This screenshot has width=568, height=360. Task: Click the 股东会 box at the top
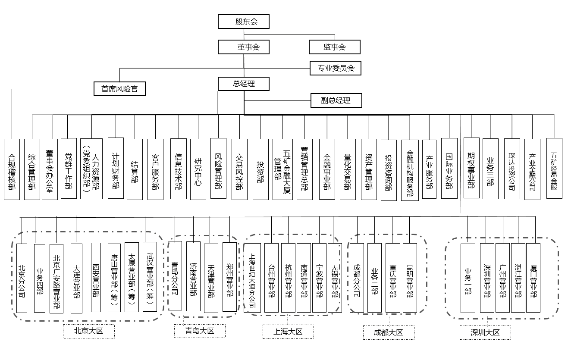pos(244,22)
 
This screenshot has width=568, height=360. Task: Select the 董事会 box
pos(244,47)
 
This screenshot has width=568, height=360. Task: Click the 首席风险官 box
pos(119,89)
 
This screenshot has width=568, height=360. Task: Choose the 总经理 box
pos(244,84)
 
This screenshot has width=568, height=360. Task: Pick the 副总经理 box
pos(336,101)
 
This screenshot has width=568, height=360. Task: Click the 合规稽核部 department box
pos(12,169)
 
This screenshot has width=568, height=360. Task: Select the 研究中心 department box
pos(198,169)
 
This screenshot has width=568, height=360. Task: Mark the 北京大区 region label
pos(89,331)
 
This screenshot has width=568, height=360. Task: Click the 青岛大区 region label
pos(200,331)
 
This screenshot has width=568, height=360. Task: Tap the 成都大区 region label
pos(388,332)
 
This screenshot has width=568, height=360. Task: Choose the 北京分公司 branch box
pos(22,278)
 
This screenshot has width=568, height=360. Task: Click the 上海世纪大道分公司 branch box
pos(252,278)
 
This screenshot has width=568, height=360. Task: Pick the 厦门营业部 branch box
pos(533,278)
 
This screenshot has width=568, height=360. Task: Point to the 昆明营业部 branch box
pos(410,278)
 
